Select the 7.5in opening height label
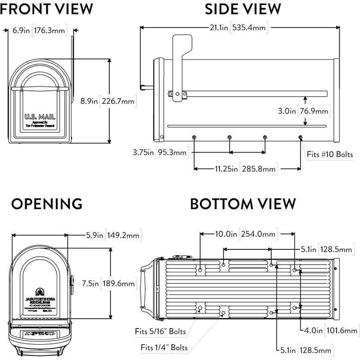click(93, 283)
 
